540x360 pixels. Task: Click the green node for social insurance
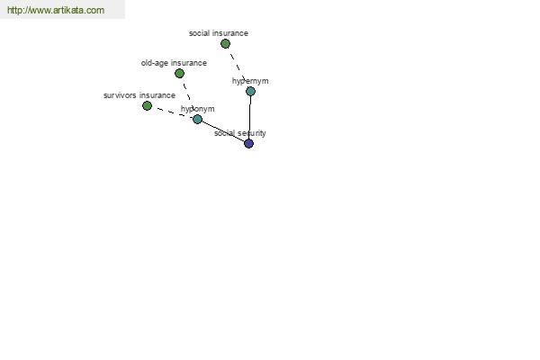[225, 43]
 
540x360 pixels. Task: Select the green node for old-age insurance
[179, 73]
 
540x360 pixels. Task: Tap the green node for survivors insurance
[147, 105]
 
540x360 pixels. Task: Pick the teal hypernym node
[250, 91]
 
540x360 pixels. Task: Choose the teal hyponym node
[197, 119]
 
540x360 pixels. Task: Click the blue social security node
[248, 143]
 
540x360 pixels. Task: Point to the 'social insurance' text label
[218, 33]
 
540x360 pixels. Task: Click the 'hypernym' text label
[250, 81]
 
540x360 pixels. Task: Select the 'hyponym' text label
[197, 109]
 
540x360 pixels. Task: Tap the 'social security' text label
[239, 133]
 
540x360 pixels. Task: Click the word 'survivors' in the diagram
[120, 95]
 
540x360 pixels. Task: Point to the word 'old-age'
[154, 63]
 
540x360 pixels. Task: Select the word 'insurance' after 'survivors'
[157, 95]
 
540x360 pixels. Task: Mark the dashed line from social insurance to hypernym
[238, 67]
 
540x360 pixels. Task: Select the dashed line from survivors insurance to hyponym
[172, 112]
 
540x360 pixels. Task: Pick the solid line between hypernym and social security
[249, 117]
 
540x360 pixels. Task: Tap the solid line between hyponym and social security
[222, 130]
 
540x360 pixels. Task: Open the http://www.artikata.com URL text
[55, 11]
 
